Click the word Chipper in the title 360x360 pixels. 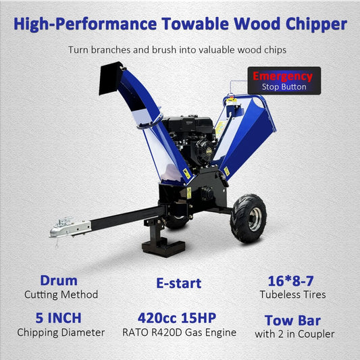pyautogui.click(x=312, y=26)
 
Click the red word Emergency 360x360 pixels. pyautogui.click(x=284, y=76)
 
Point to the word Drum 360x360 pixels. pyautogui.click(x=58, y=280)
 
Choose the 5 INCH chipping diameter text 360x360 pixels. pyautogui.click(x=58, y=317)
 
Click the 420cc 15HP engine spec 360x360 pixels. pyautogui.click(x=180, y=317)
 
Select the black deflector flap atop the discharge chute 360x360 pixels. pyautogui.click(x=111, y=78)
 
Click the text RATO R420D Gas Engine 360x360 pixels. pyautogui.click(x=180, y=332)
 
